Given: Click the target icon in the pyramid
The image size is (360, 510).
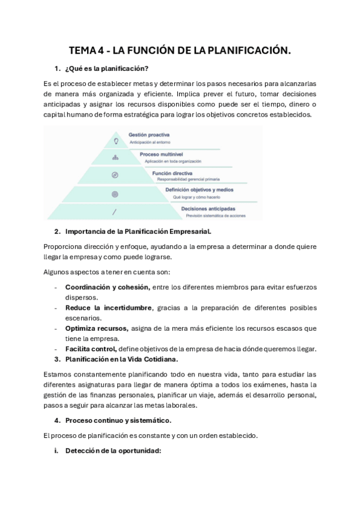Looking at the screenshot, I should [115, 194].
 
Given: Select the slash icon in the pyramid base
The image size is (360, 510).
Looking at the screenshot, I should [114, 211].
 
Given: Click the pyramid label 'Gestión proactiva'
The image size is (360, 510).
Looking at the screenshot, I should [149, 135].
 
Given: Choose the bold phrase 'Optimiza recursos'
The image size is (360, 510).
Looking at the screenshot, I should [96, 328].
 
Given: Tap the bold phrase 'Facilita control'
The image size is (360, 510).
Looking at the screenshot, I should [91, 349].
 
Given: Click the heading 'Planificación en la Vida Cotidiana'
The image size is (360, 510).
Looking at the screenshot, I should [121, 360].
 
